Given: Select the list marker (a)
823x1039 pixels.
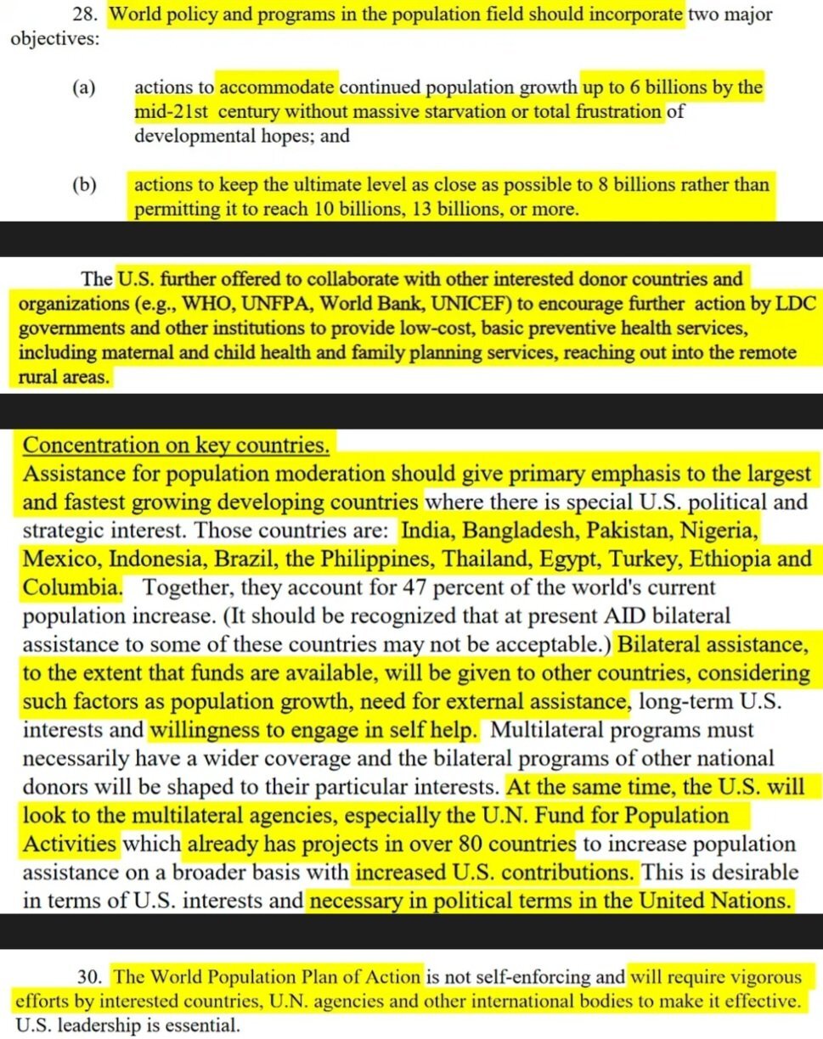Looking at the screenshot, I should [84, 87].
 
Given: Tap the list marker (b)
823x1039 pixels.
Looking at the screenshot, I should [84, 184].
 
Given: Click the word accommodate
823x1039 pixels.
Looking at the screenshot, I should [279, 87].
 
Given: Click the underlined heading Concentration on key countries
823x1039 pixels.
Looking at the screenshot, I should [177, 445].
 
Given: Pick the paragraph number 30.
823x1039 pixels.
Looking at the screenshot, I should [97, 976].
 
